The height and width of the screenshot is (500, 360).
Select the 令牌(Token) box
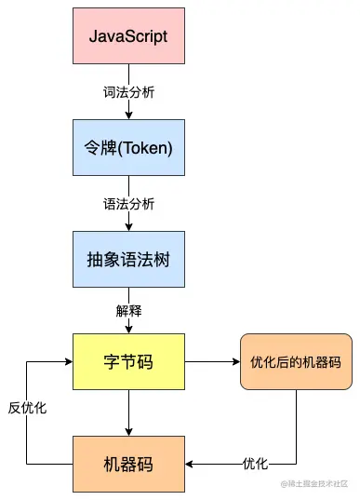pyautogui.click(x=128, y=146)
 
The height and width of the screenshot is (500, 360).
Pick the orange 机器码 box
pyautogui.click(x=128, y=464)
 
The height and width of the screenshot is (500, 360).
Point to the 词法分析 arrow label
pyautogui.click(x=128, y=94)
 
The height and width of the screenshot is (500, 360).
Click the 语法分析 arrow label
pyautogui.click(x=128, y=202)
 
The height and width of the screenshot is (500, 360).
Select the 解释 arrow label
pyautogui.click(x=128, y=309)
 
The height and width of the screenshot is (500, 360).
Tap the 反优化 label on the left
pyautogui.click(x=28, y=408)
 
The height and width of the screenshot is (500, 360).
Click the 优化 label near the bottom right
pyautogui.click(x=255, y=464)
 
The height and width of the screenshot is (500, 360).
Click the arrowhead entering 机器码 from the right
pyautogui.click(x=190, y=464)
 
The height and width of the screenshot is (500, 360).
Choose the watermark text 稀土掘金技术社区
pyautogui.click(x=320, y=483)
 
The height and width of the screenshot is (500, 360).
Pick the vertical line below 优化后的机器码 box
pyautogui.click(x=297, y=424)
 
